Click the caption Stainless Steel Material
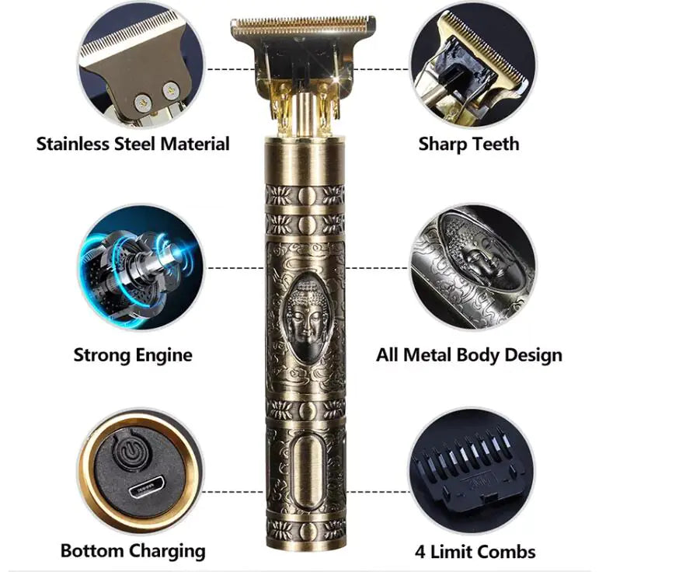coord(133,144)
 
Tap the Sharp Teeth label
coord(468,144)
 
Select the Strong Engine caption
coord(133,355)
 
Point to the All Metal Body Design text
coord(468,355)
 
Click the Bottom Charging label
coord(133,551)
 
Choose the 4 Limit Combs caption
coord(475,552)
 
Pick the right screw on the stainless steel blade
coord(169,92)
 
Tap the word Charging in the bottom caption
coord(166,551)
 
